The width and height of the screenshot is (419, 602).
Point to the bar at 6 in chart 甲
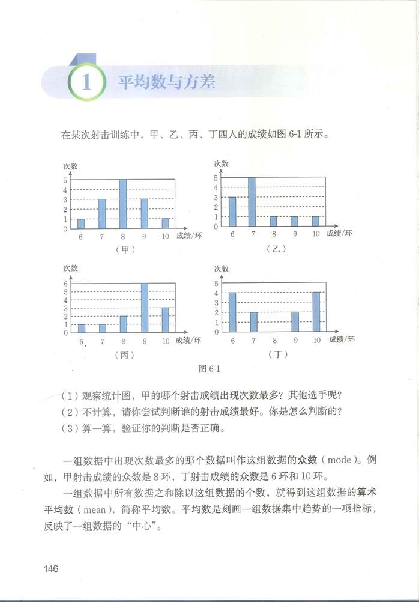tap(81, 223)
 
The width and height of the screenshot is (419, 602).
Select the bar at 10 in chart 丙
tap(165, 320)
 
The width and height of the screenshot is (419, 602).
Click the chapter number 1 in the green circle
tap(86, 82)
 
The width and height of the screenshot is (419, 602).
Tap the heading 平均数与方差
tap(166, 82)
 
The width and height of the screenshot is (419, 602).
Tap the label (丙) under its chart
tap(124, 354)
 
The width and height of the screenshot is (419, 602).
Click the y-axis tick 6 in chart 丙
tap(67, 284)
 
